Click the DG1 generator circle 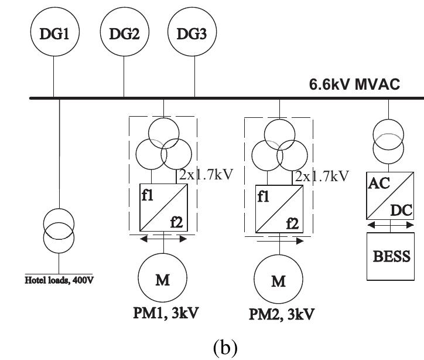(x=53, y=34)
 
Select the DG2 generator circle (x=124, y=34)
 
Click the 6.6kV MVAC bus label (x=354, y=85)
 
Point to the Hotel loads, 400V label (x=59, y=279)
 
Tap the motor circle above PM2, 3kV (x=279, y=281)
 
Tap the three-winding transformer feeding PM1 (x=163, y=148)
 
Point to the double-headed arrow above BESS (x=388, y=225)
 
